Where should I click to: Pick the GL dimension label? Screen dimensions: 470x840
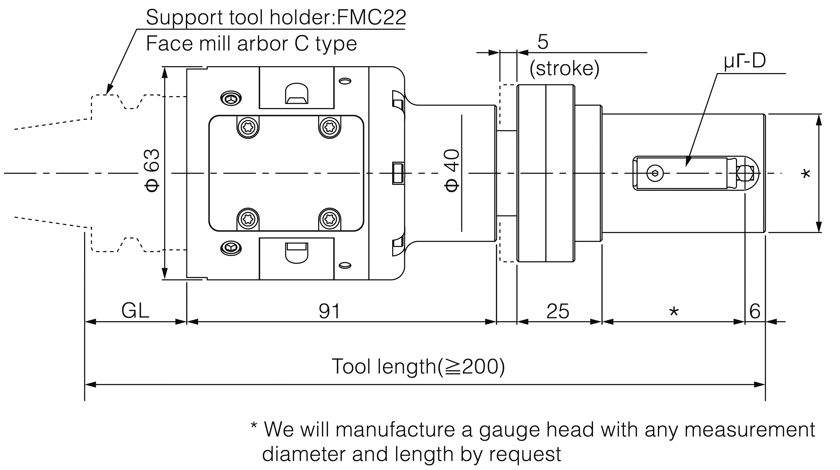tap(135, 310)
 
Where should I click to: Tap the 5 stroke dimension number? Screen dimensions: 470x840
tap(543, 42)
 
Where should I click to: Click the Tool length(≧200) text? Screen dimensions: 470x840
tap(418, 366)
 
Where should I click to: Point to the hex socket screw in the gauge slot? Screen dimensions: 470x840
tap(655, 173)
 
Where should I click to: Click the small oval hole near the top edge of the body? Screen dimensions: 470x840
tap(345, 81)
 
